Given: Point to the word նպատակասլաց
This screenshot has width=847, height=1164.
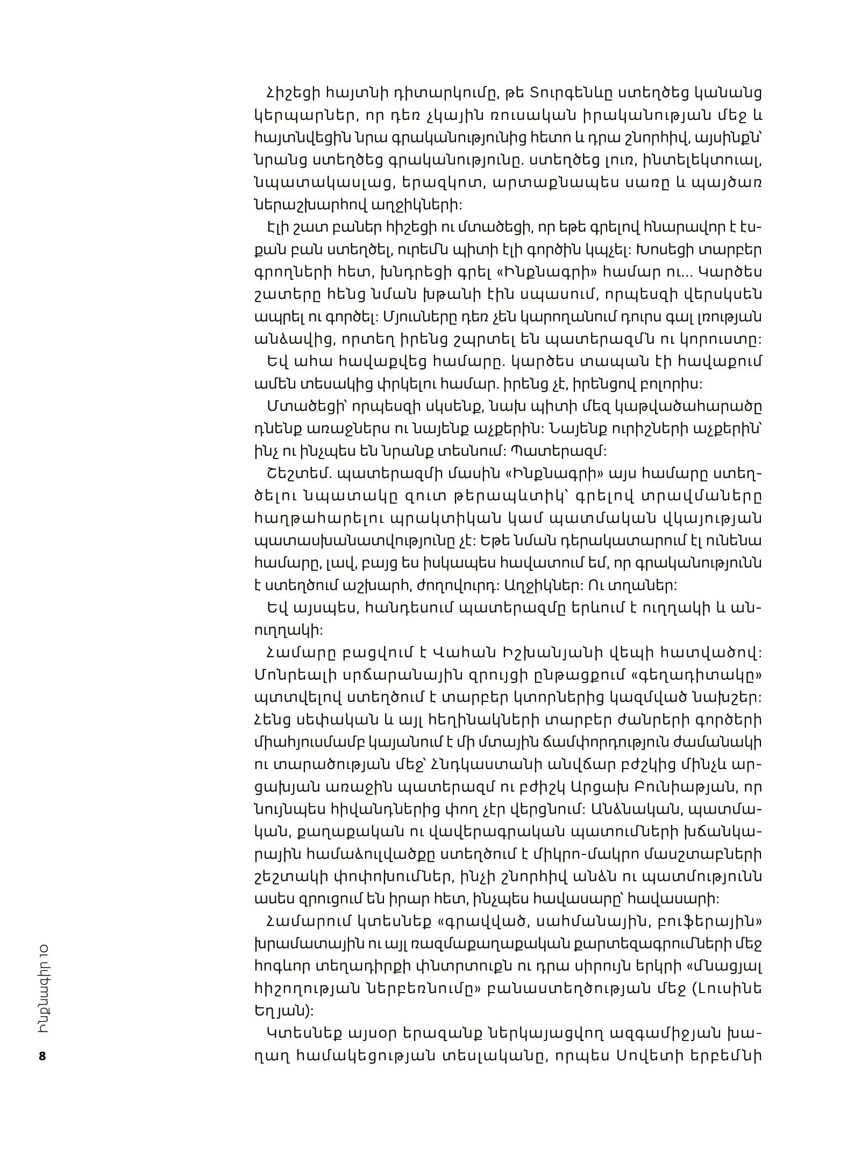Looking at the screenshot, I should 323,183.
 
